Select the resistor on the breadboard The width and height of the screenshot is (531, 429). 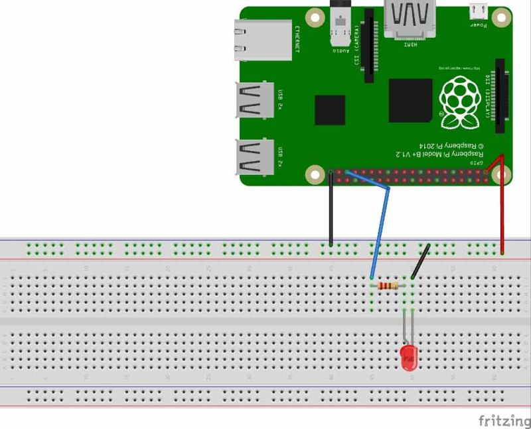click(x=387, y=286)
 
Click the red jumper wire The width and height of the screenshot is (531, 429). click(x=502, y=206)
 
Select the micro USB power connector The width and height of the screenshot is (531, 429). click(x=478, y=11)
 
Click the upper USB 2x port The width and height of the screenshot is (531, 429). click(x=256, y=100)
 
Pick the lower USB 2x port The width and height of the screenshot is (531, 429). click(x=256, y=157)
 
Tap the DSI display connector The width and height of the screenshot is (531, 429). click(x=499, y=96)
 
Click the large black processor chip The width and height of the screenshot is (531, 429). click(x=410, y=100)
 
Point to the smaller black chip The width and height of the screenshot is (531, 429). click(x=330, y=110)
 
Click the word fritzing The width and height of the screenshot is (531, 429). click(x=504, y=420)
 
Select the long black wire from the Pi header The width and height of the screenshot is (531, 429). click(x=331, y=209)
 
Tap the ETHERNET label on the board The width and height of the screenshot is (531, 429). click(x=297, y=39)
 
